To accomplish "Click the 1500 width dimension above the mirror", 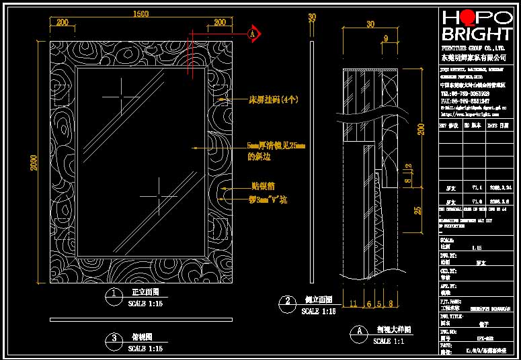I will pyautogui.click(x=141, y=13).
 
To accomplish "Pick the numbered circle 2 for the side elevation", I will pyautogui.click(x=288, y=301).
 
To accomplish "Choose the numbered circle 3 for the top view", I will pyautogui.click(x=115, y=338).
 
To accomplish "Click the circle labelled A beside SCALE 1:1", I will pyautogui.click(x=360, y=331).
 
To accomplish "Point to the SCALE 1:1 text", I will pyautogui.click(x=391, y=341).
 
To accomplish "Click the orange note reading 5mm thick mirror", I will pyautogui.click(x=276, y=145).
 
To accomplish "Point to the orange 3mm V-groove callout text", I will pyautogui.click(x=269, y=199).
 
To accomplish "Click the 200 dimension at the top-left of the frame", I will pyautogui.click(x=62, y=22).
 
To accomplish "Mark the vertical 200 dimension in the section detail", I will pyautogui.click(x=421, y=129).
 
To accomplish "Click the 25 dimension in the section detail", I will pyautogui.click(x=417, y=211).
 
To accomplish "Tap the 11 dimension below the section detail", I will pyautogui.click(x=354, y=304).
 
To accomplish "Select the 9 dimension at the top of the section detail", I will pyautogui.click(x=385, y=38).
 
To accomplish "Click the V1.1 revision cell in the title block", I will pyautogui.click(x=477, y=189).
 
